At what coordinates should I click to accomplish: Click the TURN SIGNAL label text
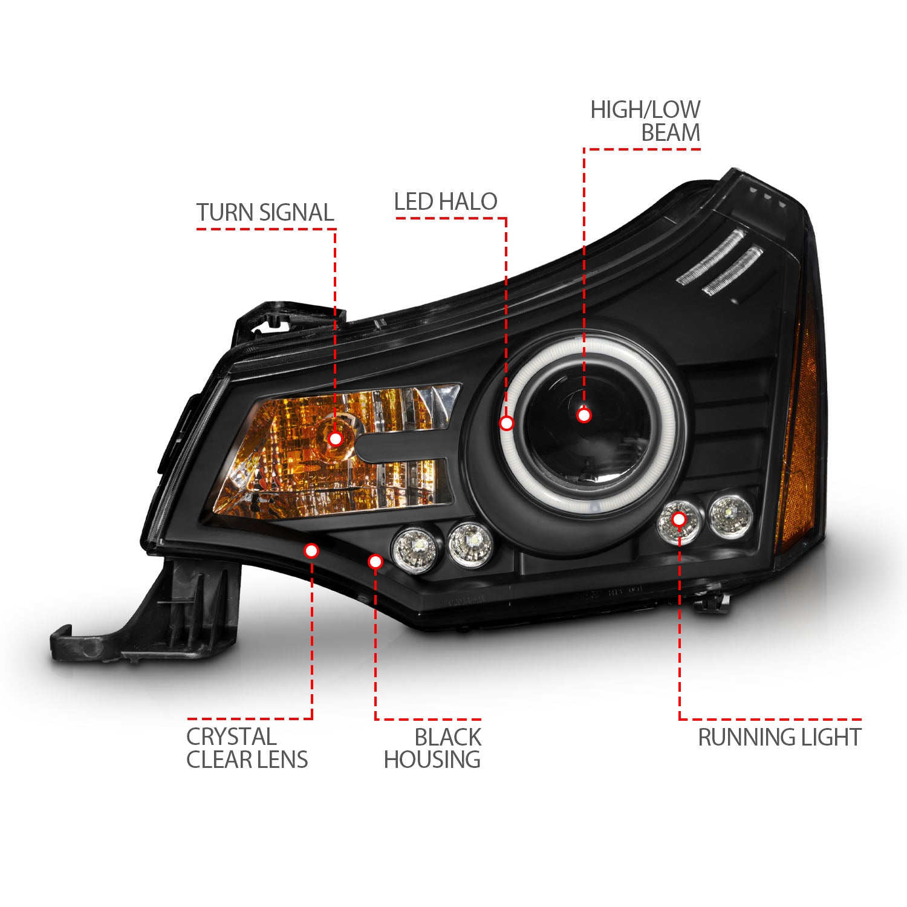265,213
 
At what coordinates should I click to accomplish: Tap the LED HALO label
446,202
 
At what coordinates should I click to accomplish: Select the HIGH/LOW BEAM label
646,121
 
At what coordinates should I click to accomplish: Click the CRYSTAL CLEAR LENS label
247,748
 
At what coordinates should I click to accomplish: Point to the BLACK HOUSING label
432,749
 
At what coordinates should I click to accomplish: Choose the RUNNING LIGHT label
779,738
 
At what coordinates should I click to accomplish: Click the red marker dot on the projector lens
584,415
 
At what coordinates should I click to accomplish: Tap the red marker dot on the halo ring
507,423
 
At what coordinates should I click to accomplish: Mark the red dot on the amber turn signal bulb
335,439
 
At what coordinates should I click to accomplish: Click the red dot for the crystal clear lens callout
311,550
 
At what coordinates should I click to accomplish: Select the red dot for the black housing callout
375,562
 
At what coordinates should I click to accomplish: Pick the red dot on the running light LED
678,519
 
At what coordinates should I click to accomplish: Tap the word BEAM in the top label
671,132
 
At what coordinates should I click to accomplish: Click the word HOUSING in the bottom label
432,760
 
